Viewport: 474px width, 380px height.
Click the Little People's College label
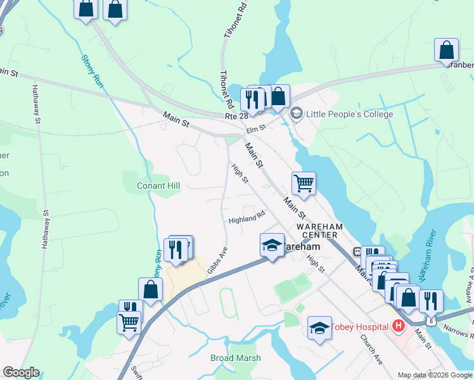tap(349, 115)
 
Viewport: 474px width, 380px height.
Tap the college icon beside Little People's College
tap(295, 114)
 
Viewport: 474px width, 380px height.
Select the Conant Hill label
tap(158, 186)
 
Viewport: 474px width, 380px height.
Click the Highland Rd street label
tap(247, 220)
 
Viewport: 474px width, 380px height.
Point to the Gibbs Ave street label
tap(217, 261)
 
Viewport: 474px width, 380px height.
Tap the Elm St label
tap(255, 129)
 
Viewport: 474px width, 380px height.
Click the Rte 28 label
tap(236, 117)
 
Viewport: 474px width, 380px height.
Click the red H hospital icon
tap(398, 326)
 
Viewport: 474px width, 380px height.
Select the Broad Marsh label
tap(235, 358)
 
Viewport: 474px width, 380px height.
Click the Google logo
tap(20, 372)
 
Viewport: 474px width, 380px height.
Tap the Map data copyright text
tap(435, 375)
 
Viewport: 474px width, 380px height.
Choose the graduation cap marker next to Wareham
tap(272, 244)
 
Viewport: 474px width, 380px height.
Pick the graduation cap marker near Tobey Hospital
tap(319, 327)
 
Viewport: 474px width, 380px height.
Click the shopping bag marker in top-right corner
tap(446, 50)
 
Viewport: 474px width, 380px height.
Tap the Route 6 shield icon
tap(432, 321)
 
